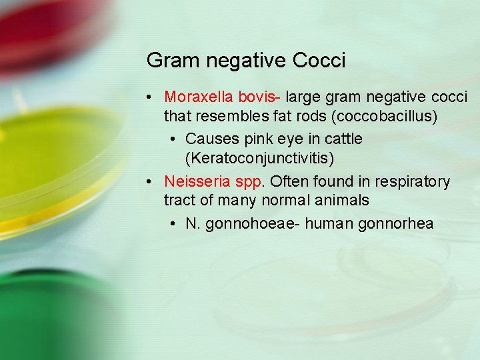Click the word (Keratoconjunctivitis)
(x=259, y=158)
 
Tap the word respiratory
(x=412, y=181)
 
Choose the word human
(x=331, y=223)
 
